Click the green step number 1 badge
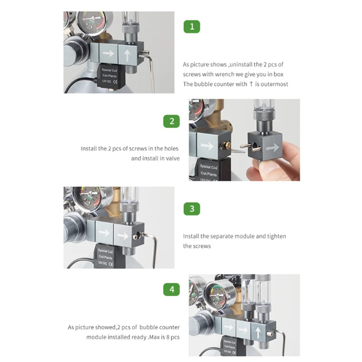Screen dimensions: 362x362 (x=191, y=27)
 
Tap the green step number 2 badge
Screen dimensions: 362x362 (x=171, y=121)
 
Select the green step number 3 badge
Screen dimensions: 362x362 (x=191, y=209)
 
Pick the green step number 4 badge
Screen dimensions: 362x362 (x=171, y=289)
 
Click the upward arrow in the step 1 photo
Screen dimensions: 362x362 (x=127, y=56)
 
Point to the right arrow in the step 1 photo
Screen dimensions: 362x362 (x=108, y=53)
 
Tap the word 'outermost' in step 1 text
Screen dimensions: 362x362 (x=274, y=84)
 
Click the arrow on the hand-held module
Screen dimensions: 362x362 (x=273, y=148)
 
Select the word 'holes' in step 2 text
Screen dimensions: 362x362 (x=171, y=148)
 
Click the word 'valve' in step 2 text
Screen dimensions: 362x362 (x=173, y=158)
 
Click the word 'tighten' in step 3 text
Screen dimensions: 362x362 (x=276, y=236)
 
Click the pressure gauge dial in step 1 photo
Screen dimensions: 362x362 (x=93, y=21)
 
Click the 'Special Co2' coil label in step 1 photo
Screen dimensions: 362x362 (x=110, y=70)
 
